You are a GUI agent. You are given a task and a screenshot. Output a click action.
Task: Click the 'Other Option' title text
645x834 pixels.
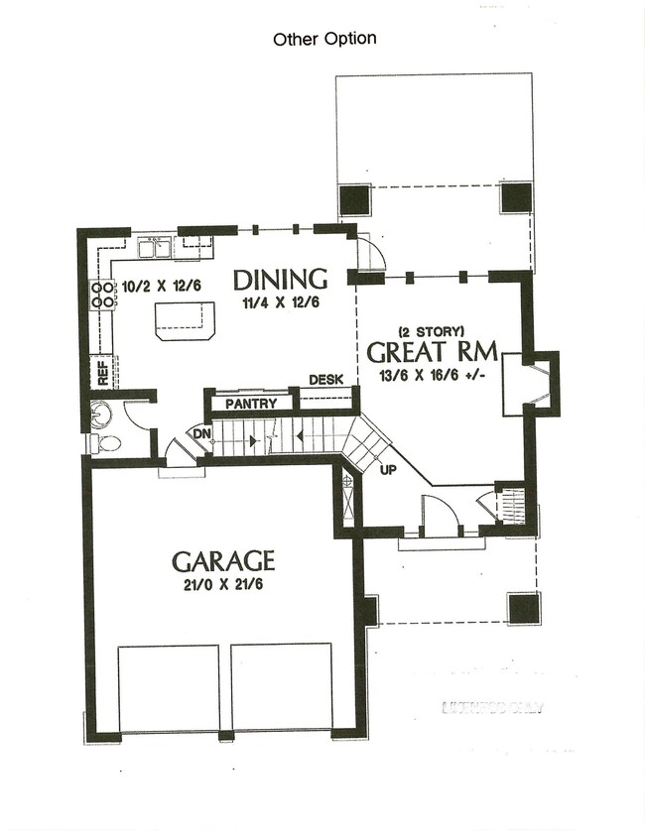click(324, 40)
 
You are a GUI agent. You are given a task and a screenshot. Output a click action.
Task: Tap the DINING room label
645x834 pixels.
click(280, 280)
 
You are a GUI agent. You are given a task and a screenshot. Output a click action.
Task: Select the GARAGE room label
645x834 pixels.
click(223, 561)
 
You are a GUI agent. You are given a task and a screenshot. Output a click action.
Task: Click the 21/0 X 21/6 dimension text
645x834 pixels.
click(223, 586)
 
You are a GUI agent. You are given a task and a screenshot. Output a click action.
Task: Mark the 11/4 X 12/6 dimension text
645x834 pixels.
click(281, 302)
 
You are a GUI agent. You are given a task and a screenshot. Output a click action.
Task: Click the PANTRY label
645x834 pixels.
click(249, 404)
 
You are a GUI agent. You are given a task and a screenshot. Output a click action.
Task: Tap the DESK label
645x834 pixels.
click(325, 380)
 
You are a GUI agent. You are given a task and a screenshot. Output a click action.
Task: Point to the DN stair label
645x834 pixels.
click(199, 433)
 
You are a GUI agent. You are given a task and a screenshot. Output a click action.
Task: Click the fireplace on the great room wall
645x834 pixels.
click(527, 383)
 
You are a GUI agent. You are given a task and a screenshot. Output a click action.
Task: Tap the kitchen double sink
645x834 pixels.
click(154, 245)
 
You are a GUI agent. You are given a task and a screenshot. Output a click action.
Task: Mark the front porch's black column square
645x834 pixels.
click(523, 607)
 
